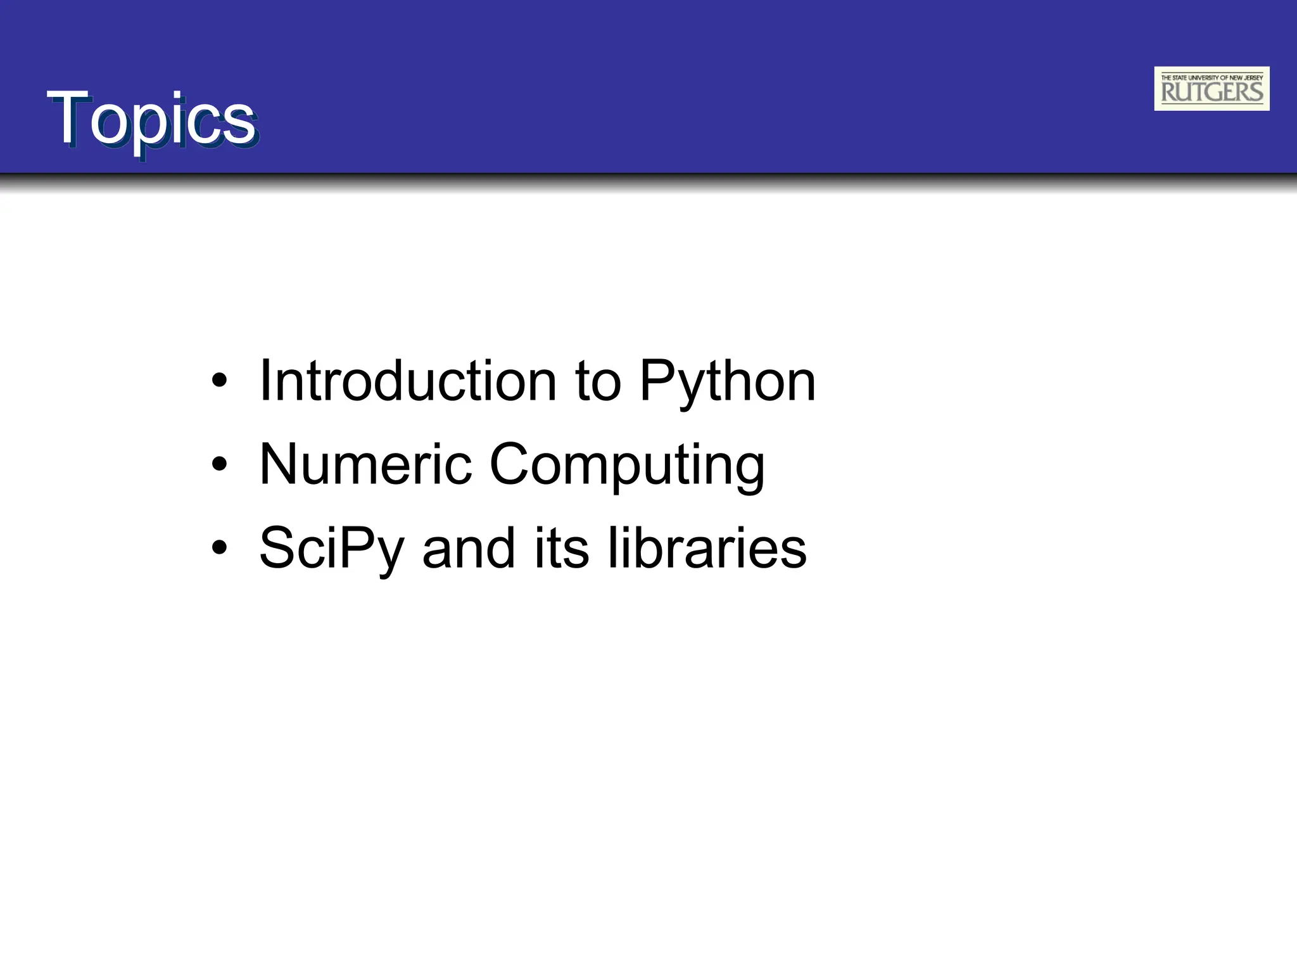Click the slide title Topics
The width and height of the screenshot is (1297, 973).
point(152,119)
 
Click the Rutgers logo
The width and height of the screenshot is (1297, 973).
point(1212,89)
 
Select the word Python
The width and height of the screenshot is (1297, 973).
point(727,382)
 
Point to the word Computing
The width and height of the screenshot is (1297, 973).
point(627,466)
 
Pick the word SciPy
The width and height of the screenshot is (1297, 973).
point(331,549)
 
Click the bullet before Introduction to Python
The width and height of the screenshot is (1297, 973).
point(219,381)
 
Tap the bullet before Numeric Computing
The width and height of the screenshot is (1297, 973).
point(219,465)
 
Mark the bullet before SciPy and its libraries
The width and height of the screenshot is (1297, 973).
point(219,548)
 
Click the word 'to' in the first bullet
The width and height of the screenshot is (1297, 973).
point(598,382)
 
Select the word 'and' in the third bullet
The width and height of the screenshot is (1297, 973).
point(468,548)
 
